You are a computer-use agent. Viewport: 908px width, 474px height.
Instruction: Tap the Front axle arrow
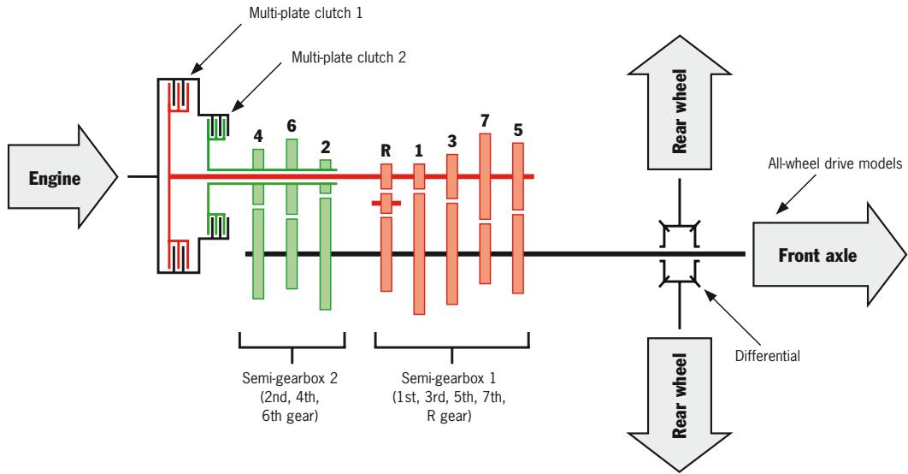coord(829,254)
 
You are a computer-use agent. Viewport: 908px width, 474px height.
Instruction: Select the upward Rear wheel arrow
coord(679,103)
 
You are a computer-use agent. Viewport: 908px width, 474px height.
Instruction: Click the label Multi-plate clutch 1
coord(306,13)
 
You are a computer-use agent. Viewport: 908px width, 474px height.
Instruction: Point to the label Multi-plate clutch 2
coord(349,56)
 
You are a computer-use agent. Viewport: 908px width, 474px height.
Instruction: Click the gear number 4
coord(258,136)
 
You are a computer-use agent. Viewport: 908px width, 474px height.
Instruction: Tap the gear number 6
coord(292,126)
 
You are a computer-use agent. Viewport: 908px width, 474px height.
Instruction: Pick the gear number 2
coord(326,147)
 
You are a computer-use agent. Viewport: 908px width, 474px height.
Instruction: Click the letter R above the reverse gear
coord(386,151)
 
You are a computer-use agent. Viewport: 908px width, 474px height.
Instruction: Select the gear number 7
coord(485,121)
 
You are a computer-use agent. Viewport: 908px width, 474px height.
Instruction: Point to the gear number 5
coord(518,130)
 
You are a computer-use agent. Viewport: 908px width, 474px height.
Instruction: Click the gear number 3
coord(451,141)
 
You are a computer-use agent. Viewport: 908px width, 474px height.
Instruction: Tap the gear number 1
coord(419,151)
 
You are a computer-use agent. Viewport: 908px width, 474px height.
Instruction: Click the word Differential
coord(767,356)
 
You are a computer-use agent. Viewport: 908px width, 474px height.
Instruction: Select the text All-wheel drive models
coord(835,164)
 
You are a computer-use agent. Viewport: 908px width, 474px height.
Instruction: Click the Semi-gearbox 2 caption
coord(290,397)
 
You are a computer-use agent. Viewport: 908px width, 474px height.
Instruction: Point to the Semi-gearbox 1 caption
coord(449,397)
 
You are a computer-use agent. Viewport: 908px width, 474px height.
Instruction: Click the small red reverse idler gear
coord(386,204)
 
